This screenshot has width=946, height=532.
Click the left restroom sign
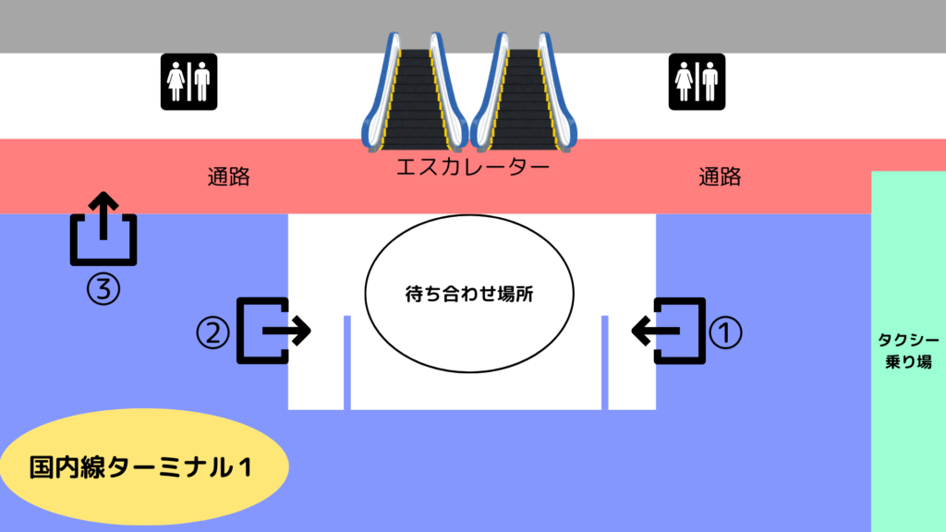tap(188, 81)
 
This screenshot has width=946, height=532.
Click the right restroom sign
tap(697, 81)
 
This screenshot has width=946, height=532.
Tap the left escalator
tap(415, 91)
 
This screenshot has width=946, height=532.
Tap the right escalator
tap(523, 91)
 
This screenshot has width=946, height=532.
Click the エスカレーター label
tap(473, 166)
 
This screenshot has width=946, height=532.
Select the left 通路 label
tap(229, 176)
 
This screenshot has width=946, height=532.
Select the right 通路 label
tap(720, 176)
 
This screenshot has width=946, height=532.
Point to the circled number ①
tap(725, 332)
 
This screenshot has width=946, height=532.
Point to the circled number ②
tap(213, 332)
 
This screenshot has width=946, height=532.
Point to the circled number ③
tap(103, 288)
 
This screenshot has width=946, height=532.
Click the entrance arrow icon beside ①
tap(669, 331)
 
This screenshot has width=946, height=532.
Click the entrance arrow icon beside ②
tap(273, 331)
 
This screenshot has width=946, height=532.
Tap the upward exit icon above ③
tap(103, 229)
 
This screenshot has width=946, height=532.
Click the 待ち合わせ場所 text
tap(469, 294)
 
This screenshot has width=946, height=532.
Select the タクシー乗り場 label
tap(909, 350)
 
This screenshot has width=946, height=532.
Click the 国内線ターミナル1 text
tap(140, 467)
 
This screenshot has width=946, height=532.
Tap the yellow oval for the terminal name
tap(144, 466)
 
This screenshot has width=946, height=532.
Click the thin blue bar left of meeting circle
tap(347, 362)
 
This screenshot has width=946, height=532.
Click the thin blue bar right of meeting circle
tap(604, 362)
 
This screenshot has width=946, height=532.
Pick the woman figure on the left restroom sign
tap(176, 81)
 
